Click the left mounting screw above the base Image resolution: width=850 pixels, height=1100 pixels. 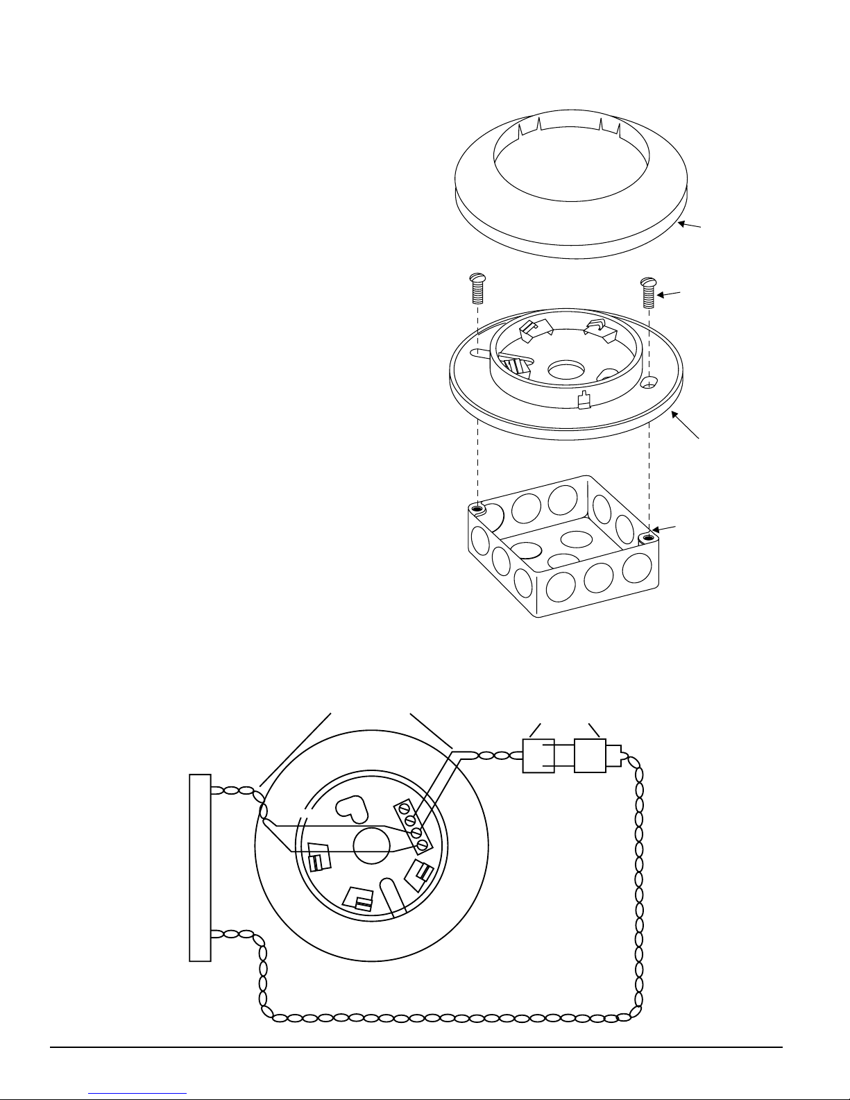476,288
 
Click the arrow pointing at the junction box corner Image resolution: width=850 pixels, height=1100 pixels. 667,531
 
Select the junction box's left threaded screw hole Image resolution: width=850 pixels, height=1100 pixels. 476,509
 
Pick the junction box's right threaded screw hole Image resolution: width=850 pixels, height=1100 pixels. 647,537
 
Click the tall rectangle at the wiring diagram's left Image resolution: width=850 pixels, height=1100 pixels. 200,867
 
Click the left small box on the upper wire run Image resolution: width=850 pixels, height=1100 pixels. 538,755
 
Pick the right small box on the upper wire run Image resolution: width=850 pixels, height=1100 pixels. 590,755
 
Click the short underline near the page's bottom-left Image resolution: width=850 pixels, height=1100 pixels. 138,1092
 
